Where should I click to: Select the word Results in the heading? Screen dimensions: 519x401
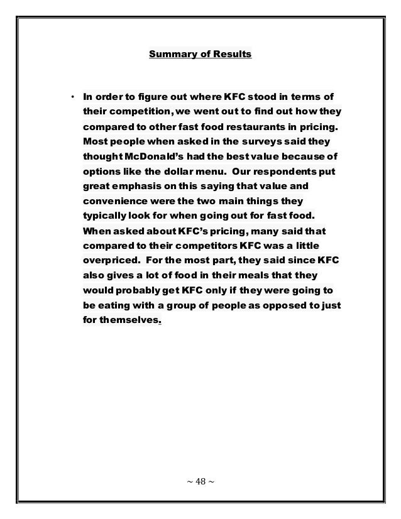[231, 55]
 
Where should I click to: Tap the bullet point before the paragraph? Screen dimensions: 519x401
[72, 97]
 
